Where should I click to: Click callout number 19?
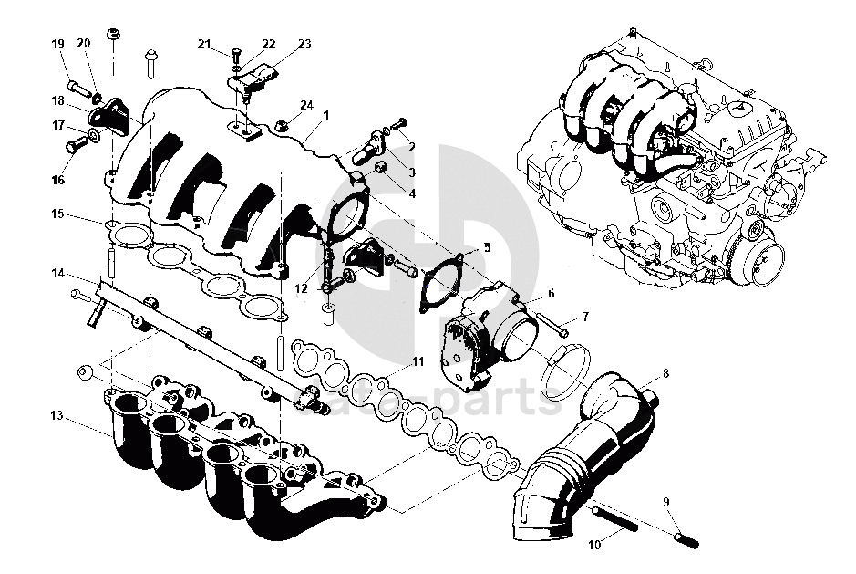(57, 44)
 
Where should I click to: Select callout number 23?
(304, 44)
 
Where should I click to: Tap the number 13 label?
(57, 416)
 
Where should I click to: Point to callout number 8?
(665, 373)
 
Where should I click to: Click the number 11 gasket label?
(418, 361)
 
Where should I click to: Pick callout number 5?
(486, 247)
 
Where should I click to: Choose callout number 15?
(57, 215)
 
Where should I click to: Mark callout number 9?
(665, 501)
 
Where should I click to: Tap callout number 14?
(57, 273)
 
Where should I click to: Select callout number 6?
(550, 294)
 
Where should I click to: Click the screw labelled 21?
(235, 55)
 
